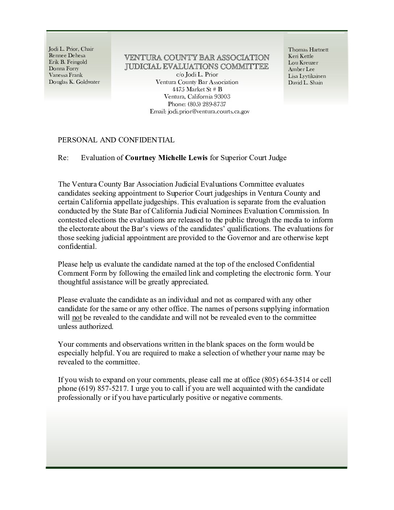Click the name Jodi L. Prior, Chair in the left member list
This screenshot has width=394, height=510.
tap(71, 49)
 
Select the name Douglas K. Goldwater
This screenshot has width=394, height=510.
tap(74, 82)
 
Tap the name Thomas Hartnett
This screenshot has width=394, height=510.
tap(308, 50)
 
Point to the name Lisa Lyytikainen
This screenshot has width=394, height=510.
tap(307, 76)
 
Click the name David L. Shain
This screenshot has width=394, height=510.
tap(305, 83)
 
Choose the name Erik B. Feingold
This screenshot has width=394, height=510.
tap(68, 62)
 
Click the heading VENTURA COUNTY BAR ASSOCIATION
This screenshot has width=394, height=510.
tap(197, 58)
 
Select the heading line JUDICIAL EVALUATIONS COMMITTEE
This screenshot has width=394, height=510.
tap(197, 66)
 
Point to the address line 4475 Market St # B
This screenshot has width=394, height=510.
tap(197, 89)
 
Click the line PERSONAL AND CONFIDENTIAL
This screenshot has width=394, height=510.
tap(116, 140)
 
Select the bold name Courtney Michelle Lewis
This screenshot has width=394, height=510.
tap(166, 158)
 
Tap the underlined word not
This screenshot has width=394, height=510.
tap(77, 318)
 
